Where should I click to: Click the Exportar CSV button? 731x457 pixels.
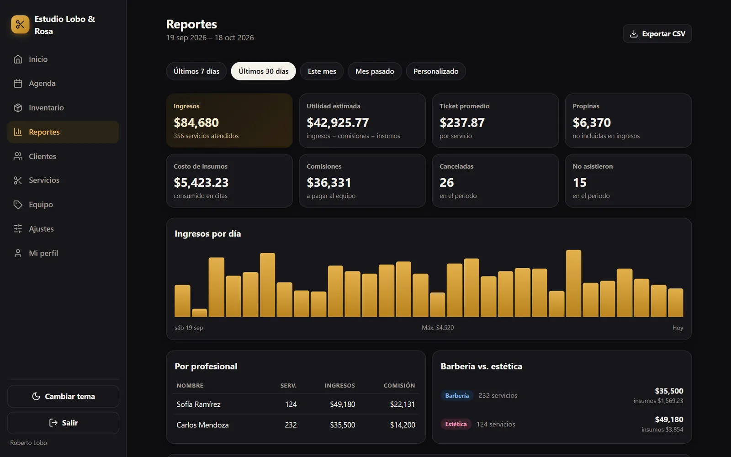(x=657, y=34)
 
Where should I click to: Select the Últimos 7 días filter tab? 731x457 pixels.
(x=196, y=71)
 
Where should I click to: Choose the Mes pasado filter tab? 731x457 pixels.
(x=374, y=71)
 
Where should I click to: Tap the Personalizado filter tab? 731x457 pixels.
(x=436, y=71)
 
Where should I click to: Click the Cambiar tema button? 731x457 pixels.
(x=63, y=396)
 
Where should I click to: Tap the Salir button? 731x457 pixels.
(x=63, y=423)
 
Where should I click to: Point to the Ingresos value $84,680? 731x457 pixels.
(x=196, y=123)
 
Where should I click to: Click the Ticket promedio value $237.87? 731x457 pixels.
(x=462, y=123)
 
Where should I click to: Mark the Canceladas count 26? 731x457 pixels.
(x=446, y=182)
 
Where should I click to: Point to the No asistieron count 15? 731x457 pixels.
(x=580, y=182)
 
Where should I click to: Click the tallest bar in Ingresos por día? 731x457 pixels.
(x=573, y=283)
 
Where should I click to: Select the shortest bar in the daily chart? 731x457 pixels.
(x=199, y=313)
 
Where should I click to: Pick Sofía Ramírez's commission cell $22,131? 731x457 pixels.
(x=403, y=404)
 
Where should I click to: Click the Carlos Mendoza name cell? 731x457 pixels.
(x=202, y=425)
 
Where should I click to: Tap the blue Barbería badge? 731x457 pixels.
(x=457, y=396)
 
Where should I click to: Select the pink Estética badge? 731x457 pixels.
(x=456, y=424)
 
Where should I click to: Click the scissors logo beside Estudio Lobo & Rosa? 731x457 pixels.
(x=20, y=25)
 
